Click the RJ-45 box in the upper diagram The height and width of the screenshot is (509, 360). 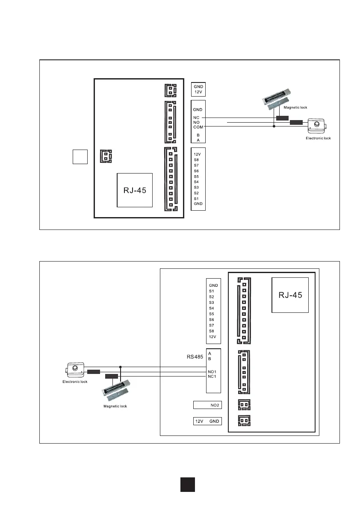135,190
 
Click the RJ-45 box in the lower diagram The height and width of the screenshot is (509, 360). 290,295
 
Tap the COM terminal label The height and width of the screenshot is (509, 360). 198,127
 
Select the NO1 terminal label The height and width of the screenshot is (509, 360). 212,372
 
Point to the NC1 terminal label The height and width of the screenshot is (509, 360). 212,377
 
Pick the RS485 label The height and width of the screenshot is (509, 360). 195,356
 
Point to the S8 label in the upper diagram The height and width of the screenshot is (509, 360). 196,160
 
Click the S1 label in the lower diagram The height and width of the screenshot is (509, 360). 212,291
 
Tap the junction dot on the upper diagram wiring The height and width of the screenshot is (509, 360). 274,127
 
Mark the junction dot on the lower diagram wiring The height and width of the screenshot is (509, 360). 121,367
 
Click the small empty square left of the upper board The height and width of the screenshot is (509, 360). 80,157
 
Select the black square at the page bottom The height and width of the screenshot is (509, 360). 187,484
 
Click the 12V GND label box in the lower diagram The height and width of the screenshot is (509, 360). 207,421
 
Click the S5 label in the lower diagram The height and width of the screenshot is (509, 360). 212,314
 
